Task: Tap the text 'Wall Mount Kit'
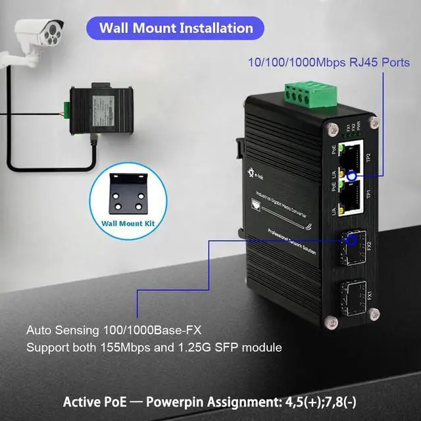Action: [x=130, y=222]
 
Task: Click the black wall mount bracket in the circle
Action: [x=130, y=195]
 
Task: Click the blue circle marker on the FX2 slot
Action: [x=353, y=241]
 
